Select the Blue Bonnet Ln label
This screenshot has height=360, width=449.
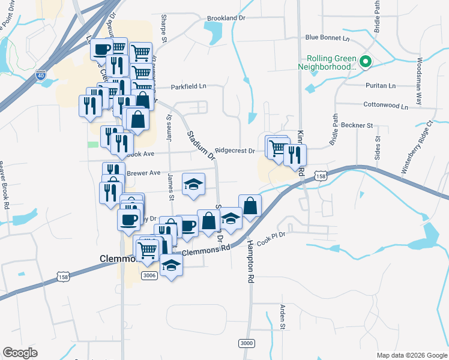[x=327, y=38]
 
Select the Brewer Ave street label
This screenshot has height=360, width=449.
[x=143, y=173]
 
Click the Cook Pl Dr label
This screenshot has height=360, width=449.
[x=271, y=238]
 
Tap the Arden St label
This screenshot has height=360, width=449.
[x=282, y=317]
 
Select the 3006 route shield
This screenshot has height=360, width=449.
[x=149, y=275]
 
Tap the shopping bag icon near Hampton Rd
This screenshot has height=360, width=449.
[x=250, y=206]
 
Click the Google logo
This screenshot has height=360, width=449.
[x=20, y=353]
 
